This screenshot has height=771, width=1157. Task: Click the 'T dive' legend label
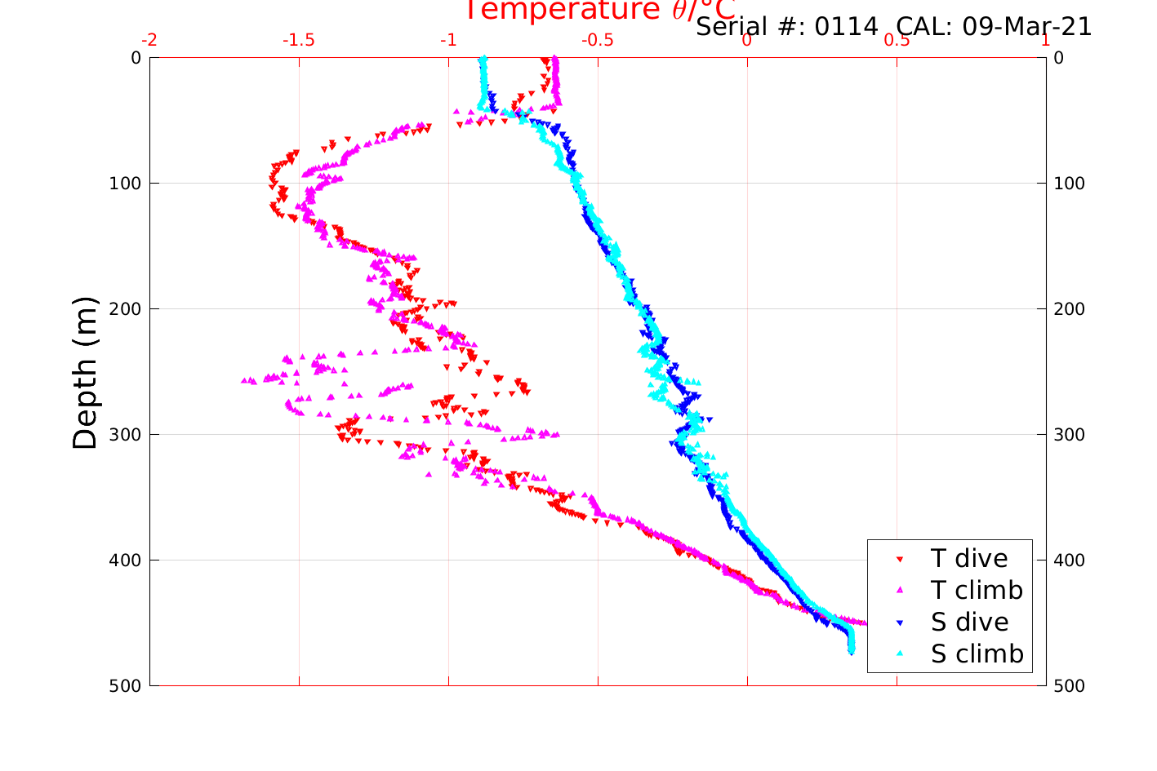click(968, 559)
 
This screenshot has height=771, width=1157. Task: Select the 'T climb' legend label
click(977, 590)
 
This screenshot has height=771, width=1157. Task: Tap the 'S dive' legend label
click(969, 622)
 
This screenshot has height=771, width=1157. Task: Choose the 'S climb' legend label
click(977, 654)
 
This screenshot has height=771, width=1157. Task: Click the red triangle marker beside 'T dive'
click(900, 560)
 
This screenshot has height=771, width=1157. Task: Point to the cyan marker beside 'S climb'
click(900, 654)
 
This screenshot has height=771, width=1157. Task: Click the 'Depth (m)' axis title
click(85, 373)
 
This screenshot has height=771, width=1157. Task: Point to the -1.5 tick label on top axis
click(298, 41)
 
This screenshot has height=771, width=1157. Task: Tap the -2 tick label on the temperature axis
click(149, 41)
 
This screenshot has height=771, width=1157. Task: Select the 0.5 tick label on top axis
click(897, 41)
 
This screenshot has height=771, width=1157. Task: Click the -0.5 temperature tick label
click(597, 41)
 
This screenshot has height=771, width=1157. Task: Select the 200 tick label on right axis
click(1069, 309)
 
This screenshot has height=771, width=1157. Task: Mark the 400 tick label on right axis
click(1069, 561)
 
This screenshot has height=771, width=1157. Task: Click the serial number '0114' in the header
click(846, 27)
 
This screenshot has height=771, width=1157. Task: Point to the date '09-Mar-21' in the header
click(1026, 27)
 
